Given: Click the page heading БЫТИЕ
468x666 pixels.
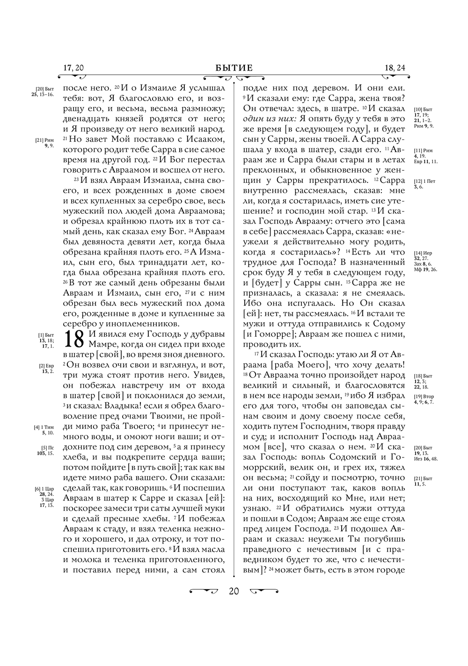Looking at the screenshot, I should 234,68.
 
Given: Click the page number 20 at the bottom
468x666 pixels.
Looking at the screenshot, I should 234,591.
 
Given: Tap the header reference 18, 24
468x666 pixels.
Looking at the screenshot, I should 395,68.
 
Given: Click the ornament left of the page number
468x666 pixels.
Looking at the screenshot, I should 204,591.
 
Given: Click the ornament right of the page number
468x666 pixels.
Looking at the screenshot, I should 264,591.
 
